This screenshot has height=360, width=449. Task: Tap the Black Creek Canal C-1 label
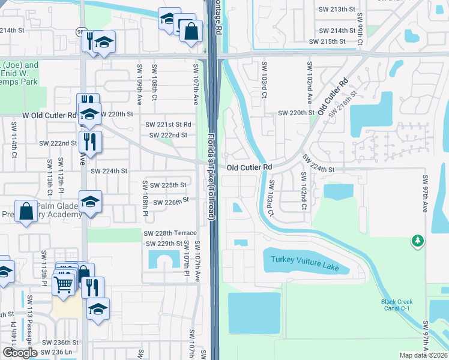[397, 305]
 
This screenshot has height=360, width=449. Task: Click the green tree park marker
[417, 241]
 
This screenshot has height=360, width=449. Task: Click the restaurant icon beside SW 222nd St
[90, 142]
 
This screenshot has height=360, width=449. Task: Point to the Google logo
[20, 353]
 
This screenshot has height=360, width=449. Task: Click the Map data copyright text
[424, 355]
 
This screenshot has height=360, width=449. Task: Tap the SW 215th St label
[327, 41]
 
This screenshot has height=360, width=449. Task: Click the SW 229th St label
[164, 244]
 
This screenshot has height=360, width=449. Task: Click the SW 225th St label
[167, 185]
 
